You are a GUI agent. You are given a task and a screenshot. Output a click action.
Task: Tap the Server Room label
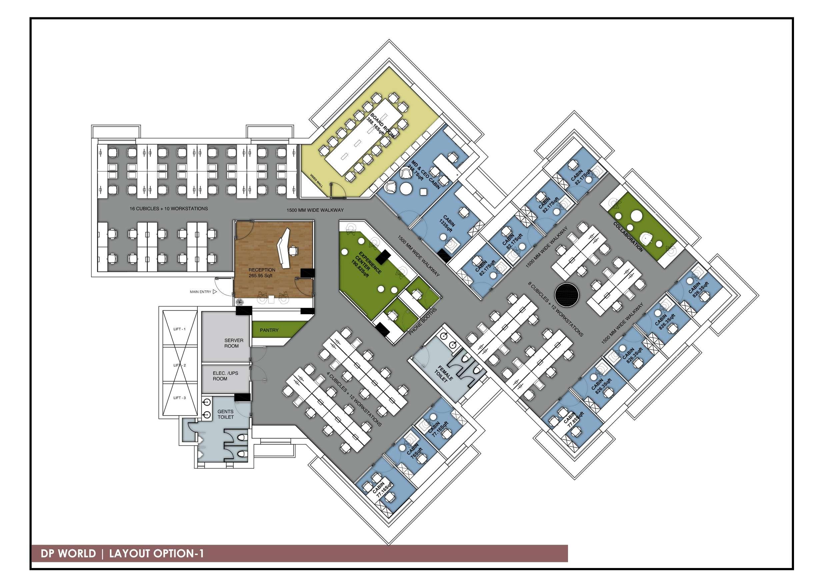tap(234, 343)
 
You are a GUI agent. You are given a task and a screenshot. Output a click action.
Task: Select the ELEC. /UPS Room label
tap(225, 376)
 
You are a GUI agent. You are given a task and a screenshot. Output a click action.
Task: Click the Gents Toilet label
tap(225, 414)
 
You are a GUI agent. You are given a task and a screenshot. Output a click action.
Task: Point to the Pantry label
tap(269, 330)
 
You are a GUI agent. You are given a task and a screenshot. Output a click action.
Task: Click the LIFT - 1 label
tap(179, 329)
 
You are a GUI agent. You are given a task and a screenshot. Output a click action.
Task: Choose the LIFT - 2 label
tap(179, 365)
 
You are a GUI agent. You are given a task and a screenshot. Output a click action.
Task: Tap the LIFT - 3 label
tap(179, 398)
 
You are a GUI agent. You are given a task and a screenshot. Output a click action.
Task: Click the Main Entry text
tap(201, 292)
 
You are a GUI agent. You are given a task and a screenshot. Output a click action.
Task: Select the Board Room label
tap(383, 125)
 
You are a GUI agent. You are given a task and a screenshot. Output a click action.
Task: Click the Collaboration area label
tap(628, 237)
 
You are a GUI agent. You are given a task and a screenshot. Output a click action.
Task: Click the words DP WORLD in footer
tap(68, 553)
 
